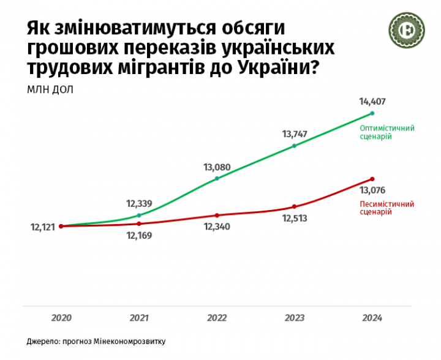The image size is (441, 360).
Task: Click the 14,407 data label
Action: click(372, 102)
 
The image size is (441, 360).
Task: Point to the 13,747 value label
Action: click(295, 133)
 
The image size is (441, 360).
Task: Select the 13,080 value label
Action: click(217, 167)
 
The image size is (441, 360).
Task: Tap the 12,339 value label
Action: click(139, 203)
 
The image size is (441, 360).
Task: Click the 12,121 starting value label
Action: click(42, 227)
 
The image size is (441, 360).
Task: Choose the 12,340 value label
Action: click(217, 227)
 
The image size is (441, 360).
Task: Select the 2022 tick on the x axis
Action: click(217, 318)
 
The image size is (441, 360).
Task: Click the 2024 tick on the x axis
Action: click(372, 318)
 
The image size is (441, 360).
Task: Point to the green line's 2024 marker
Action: click(372, 113)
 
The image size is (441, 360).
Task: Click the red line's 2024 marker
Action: click(372, 179)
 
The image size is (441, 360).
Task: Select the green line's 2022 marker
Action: click(217, 179)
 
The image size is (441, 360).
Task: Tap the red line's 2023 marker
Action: click(295, 206)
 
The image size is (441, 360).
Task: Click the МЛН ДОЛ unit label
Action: click(49, 89)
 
